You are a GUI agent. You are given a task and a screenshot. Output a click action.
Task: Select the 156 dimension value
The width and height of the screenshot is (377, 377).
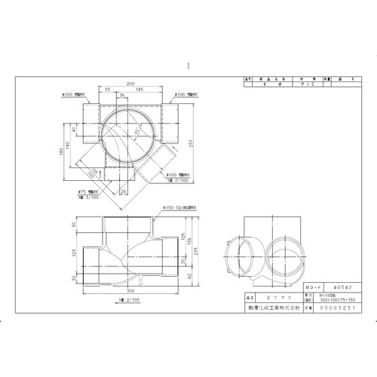point(188,241)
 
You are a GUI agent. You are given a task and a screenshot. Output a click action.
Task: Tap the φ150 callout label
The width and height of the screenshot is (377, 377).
point(167,206)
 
